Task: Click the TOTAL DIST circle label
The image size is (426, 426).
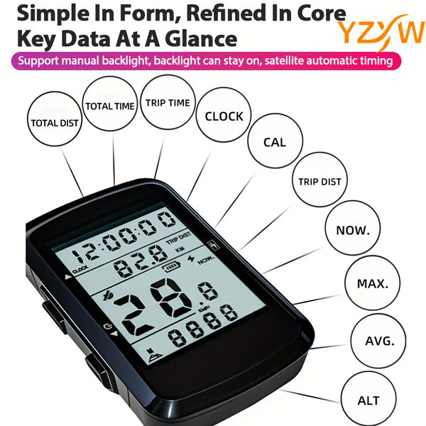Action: point(55,121)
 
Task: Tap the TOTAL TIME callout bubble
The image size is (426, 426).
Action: point(110,106)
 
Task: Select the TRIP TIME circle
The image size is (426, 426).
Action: point(168,103)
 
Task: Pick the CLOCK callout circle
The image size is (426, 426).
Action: point(224,116)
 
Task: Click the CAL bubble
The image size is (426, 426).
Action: point(274,142)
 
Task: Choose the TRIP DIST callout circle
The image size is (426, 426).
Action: point(319,181)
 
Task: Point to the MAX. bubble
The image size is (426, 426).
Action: point(372,283)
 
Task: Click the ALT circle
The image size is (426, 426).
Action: point(368,400)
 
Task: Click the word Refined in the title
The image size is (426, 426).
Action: point(214,13)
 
